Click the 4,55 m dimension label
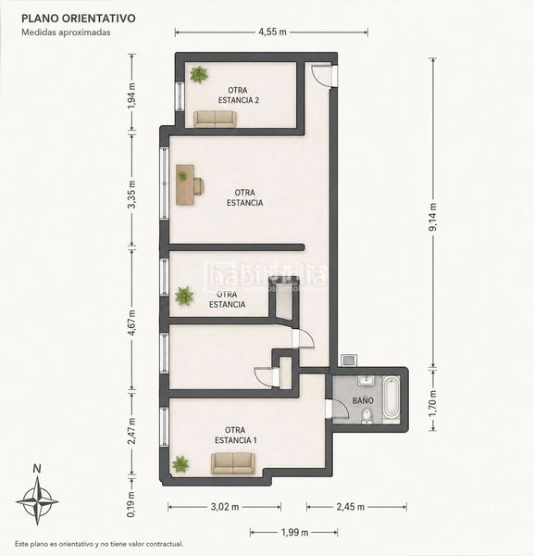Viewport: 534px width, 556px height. (272, 32)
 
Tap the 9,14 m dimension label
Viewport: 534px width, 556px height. (433, 217)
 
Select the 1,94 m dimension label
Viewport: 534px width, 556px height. (131, 95)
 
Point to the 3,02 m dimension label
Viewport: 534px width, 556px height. (225, 507)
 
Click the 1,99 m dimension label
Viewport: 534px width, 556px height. (294, 532)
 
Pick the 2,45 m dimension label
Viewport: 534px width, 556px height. (350, 507)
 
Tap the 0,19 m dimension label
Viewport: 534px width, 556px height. (131, 504)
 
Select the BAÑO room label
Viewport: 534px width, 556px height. (363, 400)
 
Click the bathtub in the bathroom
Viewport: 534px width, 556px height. (391, 398)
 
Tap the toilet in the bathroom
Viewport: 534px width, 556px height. (366, 416)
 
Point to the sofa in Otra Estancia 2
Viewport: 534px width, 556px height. (215, 120)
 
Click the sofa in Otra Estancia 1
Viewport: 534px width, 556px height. (233, 463)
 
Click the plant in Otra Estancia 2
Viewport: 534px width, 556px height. (199, 74)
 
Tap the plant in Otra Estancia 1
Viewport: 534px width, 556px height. (180, 464)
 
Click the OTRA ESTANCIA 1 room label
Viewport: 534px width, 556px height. (235, 436)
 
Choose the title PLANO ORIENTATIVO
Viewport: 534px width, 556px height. (79, 19)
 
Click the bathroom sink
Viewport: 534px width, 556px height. (366, 380)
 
